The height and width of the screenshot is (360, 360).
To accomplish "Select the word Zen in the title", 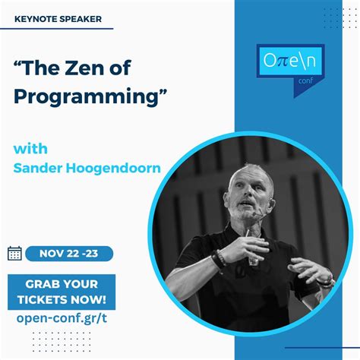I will [x=106, y=69].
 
